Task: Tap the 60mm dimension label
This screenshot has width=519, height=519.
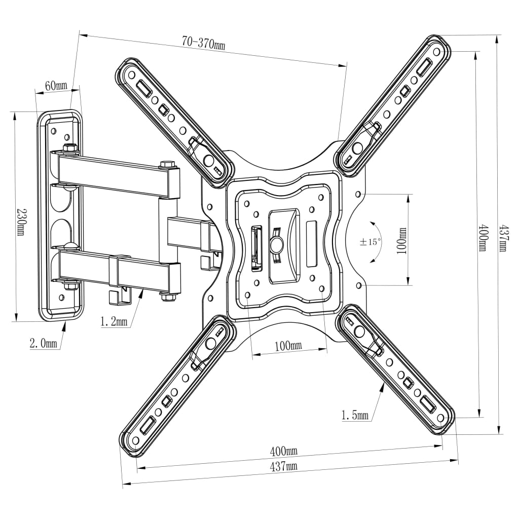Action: [56, 86]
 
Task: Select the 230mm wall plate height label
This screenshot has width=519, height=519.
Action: [21, 222]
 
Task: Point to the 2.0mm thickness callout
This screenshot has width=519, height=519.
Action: [43, 343]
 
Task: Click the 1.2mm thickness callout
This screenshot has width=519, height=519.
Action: [114, 321]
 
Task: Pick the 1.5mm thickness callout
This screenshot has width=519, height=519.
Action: [355, 416]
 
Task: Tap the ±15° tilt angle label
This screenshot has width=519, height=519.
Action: [370, 242]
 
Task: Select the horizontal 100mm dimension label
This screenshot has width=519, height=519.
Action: [287, 346]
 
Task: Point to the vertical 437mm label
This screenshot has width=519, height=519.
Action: [502, 238]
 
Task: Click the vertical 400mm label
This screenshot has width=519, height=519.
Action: [483, 238]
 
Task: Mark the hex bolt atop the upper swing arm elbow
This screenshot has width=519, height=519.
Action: [167, 165]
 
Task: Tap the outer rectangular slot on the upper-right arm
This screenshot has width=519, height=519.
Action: [425, 67]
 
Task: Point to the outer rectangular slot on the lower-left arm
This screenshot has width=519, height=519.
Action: [149, 424]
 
